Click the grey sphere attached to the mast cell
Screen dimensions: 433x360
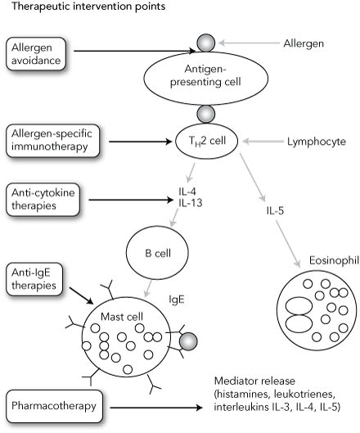189,339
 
